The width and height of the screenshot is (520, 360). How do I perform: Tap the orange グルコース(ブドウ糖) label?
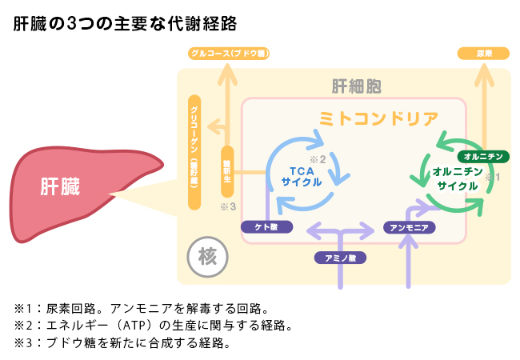point(228,54)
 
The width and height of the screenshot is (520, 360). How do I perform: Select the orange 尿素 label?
point(483,54)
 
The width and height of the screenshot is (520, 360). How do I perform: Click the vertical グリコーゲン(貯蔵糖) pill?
point(194,152)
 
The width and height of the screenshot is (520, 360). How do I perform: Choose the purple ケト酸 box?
point(266,227)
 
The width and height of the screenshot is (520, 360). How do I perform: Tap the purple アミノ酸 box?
point(340,258)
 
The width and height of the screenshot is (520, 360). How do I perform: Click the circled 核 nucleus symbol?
point(207,258)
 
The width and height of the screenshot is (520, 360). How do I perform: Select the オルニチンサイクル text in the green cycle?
point(457,178)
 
